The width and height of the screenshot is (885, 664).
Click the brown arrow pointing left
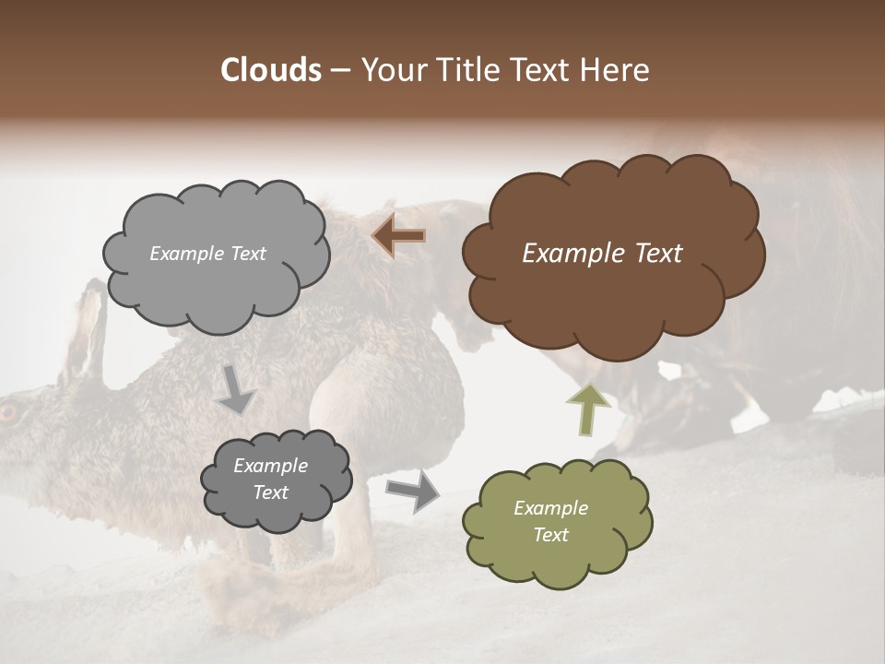pyautogui.click(x=398, y=237)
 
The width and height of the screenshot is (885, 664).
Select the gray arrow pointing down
pyautogui.click(x=235, y=389)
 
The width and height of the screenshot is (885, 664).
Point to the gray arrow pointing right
pyautogui.click(x=412, y=492)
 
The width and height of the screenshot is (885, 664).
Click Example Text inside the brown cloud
pyautogui.click(x=602, y=254)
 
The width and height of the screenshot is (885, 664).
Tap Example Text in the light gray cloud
pyautogui.click(x=207, y=254)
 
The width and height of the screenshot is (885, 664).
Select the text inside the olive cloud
pyautogui.click(x=550, y=521)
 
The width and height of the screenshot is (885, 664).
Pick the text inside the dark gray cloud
pyautogui.click(x=270, y=480)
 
